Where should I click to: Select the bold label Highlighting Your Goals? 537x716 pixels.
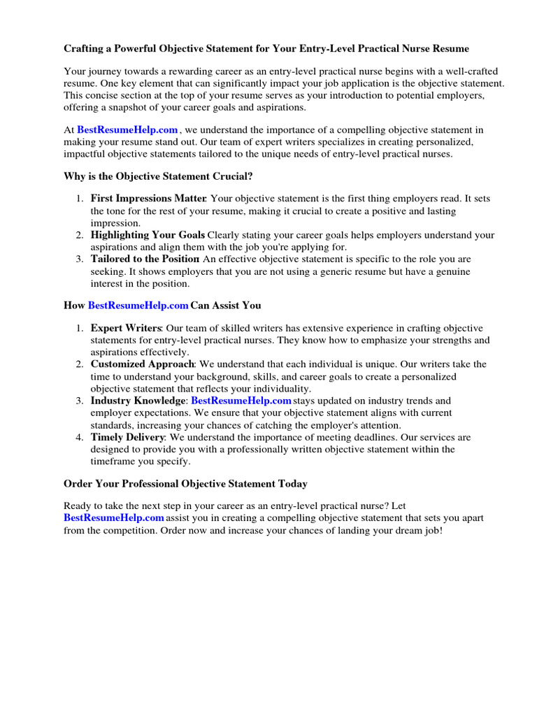coord(148,235)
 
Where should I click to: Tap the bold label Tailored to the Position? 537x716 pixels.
coord(145,259)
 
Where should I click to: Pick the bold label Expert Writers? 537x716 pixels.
coord(126,328)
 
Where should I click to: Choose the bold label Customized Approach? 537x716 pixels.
coord(142,364)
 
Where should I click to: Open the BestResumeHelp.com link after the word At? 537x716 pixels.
coord(127,130)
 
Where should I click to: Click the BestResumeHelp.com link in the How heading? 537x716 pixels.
coord(138,306)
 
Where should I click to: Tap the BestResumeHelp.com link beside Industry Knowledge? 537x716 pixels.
coord(241,401)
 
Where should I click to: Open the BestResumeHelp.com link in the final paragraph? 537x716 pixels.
coord(114,518)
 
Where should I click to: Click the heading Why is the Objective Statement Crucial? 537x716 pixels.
coord(158,176)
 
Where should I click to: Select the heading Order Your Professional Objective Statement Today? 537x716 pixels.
coord(185,484)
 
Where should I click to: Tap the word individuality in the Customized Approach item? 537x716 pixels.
coord(282,389)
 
